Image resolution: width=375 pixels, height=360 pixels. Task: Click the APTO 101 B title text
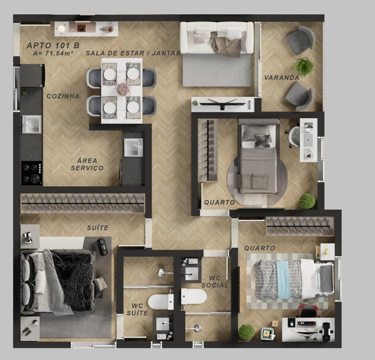click(x=53, y=45)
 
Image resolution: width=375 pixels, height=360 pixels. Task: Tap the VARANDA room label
click(x=282, y=78)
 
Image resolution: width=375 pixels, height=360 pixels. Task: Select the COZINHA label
click(x=63, y=96)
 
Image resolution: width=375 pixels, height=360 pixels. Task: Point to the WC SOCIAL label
click(x=215, y=282)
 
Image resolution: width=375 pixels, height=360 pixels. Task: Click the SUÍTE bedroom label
click(x=97, y=228)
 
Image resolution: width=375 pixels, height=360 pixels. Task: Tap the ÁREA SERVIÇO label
click(x=87, y=164)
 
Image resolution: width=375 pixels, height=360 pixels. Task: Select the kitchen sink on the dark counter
click(x=31, y=124)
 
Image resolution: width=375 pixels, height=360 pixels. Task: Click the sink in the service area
click(x=133, y=147)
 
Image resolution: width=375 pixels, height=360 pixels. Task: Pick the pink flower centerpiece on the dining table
click(x=123, y=88)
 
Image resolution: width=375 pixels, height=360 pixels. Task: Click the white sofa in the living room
click(x=217, y=38)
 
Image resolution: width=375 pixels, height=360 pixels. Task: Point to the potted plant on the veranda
click(x=303, y=66)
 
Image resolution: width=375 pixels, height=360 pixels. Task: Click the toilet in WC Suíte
click(x=161, y=302)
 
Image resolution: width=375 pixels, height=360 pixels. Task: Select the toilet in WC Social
click(x=194, y=296)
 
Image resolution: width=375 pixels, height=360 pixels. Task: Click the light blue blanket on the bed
click(x=283, y=279)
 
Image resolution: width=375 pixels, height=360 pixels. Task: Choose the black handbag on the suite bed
click(x=103, y=247)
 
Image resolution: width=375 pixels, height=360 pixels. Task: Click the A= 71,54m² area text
click(x=53, y=53)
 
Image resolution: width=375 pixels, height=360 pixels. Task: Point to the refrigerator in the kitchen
click(x=32, y=75)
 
